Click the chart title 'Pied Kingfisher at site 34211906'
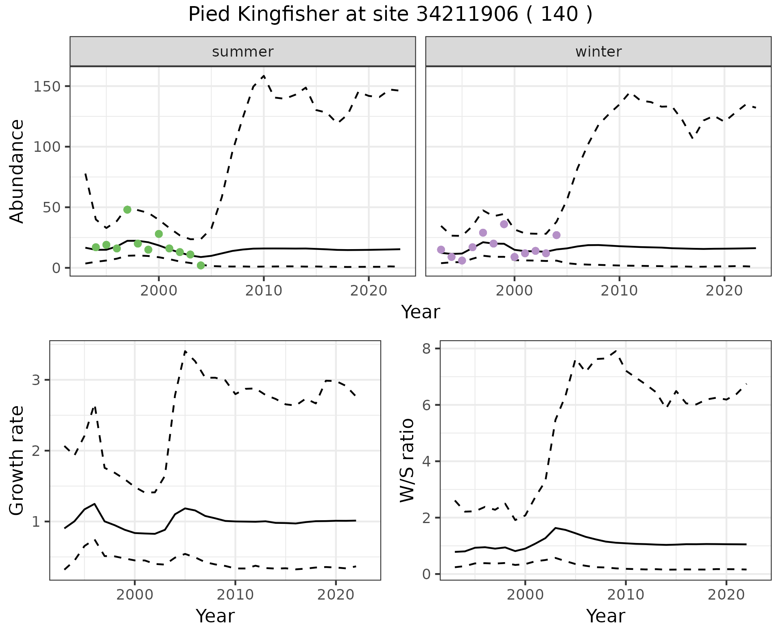390,15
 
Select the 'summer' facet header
243,52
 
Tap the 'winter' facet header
598,52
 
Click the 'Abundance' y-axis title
17,171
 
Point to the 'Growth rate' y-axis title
17,460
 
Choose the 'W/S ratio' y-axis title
407,460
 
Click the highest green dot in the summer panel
127,210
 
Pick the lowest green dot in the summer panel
201,265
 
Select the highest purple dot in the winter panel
504,224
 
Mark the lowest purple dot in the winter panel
462,261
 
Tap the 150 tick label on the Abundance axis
47,87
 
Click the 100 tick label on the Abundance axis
47,147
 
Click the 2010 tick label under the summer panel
264,291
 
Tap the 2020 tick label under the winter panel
724,291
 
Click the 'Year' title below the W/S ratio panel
605,616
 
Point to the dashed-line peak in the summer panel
264,76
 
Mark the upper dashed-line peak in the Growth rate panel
185,351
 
